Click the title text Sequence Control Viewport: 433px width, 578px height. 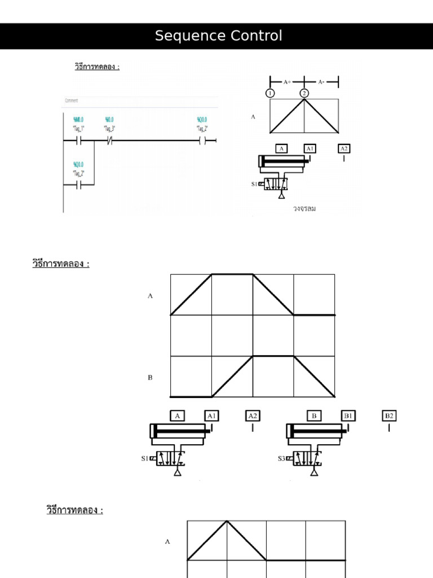click(x=218, y=36)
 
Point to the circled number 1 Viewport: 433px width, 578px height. click(x=271, y=93)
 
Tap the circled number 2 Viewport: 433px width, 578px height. click(x=304, y=93)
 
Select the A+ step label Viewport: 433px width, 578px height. click(x=287, y=82)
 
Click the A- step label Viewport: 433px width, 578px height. click(x=321, y=82)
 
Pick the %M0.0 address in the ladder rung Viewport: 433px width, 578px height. click(x=78, y=120)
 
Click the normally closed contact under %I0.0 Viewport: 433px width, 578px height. click(x=109, y=141)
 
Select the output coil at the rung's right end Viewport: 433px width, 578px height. click(x=202, y=141)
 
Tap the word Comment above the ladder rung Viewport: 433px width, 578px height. click(x=72, y=101)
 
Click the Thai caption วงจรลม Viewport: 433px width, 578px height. click(x=304, y=208)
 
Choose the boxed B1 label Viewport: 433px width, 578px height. click(x=348, y=416)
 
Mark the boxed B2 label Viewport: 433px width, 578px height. click(x=389, y=416)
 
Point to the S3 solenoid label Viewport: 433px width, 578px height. click(x=281, y=458)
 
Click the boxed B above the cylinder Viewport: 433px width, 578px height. click(x=314, y=416)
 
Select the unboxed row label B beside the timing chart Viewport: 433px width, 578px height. click(x=150, y=378)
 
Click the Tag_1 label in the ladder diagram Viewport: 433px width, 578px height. click(x=78, y=128)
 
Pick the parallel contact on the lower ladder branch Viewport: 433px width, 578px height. click(x=78, y=184)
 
